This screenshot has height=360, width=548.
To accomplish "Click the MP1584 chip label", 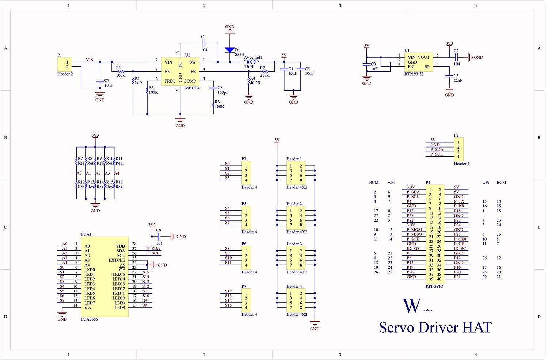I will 192,88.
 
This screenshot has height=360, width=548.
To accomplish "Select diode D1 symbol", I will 229,50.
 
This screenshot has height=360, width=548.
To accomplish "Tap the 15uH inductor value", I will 248,67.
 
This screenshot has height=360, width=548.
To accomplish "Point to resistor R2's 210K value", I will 265,75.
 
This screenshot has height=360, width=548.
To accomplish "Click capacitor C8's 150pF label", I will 223,92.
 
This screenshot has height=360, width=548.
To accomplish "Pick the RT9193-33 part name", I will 414,74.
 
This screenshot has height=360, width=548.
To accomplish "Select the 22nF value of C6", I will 458,80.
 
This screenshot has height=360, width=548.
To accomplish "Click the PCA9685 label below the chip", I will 89,319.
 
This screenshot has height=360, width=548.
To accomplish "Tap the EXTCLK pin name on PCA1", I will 117,260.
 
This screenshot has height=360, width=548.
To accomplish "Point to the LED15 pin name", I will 118,274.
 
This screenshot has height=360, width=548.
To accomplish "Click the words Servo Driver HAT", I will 435,327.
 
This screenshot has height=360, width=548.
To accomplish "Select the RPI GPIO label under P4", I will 434,286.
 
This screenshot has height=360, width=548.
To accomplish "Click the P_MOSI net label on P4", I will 414,230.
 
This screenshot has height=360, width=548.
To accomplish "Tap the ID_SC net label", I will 460,248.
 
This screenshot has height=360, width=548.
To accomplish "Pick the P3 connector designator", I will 244,159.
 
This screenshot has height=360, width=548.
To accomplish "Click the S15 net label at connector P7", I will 228,305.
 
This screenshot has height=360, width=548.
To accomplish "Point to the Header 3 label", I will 294,244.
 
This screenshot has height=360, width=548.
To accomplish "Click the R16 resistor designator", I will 119,182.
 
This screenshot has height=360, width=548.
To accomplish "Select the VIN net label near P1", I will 90,60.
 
